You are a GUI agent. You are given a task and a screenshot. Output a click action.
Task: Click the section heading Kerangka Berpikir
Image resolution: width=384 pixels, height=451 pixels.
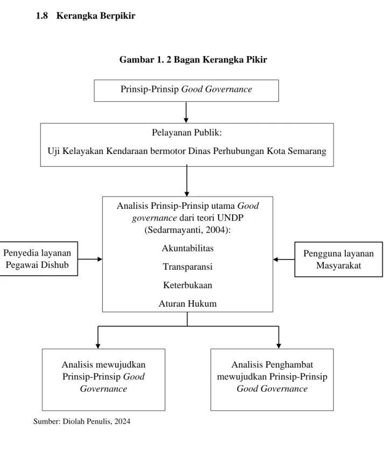[x=95, y=16]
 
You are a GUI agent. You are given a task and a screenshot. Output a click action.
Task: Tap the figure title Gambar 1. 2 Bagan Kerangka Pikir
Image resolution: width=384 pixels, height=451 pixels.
[x=193, y=60]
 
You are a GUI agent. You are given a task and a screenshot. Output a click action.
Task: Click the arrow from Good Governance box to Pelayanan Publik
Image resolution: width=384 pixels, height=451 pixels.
[x=186, y=112]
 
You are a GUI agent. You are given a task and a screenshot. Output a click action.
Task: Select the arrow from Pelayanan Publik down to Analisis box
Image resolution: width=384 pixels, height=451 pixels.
[x=186, y=181]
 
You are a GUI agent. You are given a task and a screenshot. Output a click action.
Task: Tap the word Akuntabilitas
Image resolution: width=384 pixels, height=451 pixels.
[x=187, y=248]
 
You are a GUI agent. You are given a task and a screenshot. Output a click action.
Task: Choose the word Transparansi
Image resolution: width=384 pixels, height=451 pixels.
[x=187, y=266]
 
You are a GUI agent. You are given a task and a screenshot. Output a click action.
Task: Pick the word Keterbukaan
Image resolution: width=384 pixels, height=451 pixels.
[x=187, y=285]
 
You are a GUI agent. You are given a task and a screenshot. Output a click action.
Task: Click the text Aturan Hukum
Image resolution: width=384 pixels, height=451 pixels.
[x=187, y=304]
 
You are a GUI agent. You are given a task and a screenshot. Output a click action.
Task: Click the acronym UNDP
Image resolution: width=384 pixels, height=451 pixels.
[x=231, y=218]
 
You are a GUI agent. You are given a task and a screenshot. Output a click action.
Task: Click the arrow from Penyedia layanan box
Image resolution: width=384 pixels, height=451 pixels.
[x=90, y=259]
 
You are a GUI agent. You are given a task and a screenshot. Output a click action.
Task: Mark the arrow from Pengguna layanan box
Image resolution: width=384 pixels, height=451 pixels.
[x=284, y=259]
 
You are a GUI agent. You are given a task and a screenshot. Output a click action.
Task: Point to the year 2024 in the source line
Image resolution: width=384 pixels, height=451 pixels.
[x=122, y=421]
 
